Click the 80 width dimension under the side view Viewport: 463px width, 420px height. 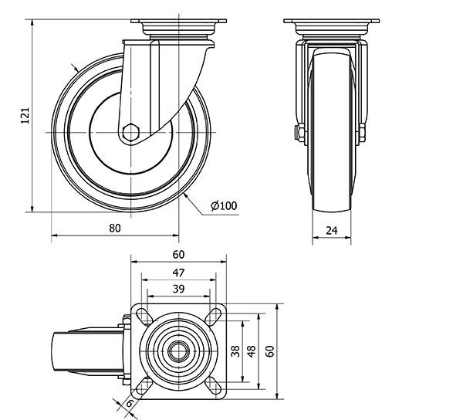115,228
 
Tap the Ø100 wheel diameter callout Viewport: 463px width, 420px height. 223,205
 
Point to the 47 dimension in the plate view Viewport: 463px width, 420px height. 178,273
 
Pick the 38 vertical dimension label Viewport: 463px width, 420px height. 235,351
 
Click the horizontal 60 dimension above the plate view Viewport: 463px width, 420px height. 178,255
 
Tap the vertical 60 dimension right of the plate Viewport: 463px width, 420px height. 269,351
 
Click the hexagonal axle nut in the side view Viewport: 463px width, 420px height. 132,132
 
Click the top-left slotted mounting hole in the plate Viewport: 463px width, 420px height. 143,315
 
